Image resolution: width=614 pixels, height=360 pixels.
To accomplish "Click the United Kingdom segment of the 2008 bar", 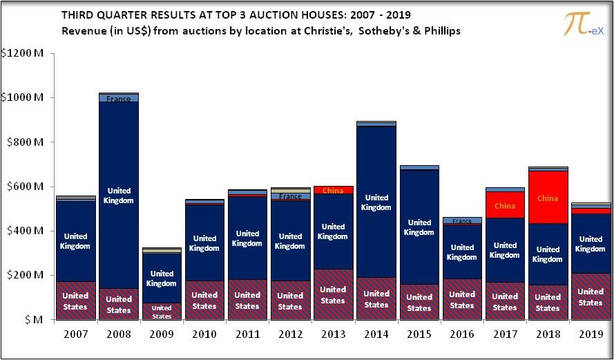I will tap(119, 195).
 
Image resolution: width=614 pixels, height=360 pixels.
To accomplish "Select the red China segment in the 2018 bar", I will tap(548, 198).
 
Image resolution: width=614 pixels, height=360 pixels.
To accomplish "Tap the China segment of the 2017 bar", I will tap(505, 205).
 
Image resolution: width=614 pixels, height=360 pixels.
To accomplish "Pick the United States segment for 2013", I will tap(333, 294).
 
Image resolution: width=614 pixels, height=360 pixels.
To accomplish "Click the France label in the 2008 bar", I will tap(119, 99).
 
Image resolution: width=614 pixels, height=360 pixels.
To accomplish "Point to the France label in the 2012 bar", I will tap(290, 196).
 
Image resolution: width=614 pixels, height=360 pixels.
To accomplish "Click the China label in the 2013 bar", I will tap(333, 191).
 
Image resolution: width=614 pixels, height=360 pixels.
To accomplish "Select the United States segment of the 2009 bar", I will tap(162, 312).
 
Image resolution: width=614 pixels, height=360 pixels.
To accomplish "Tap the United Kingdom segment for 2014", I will tap(376, 202).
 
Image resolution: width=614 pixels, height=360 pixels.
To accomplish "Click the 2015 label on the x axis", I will tap(419, 334).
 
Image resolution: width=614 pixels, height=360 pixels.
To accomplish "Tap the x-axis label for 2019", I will tap(591, 334).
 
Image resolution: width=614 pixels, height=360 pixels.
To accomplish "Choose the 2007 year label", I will tap(76, 334).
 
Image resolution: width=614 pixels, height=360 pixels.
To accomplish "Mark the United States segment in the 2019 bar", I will tap(591, 296).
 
